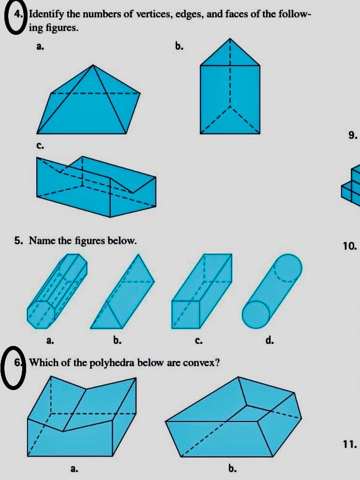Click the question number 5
tap(18, 240)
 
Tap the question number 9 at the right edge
tap(353, 135)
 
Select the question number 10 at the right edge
tap(350, 246)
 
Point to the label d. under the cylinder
tap(270, 341)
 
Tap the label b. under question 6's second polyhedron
tap(232, 468)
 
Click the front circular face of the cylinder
tap(256, 314)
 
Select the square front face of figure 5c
tap(186, 315)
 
